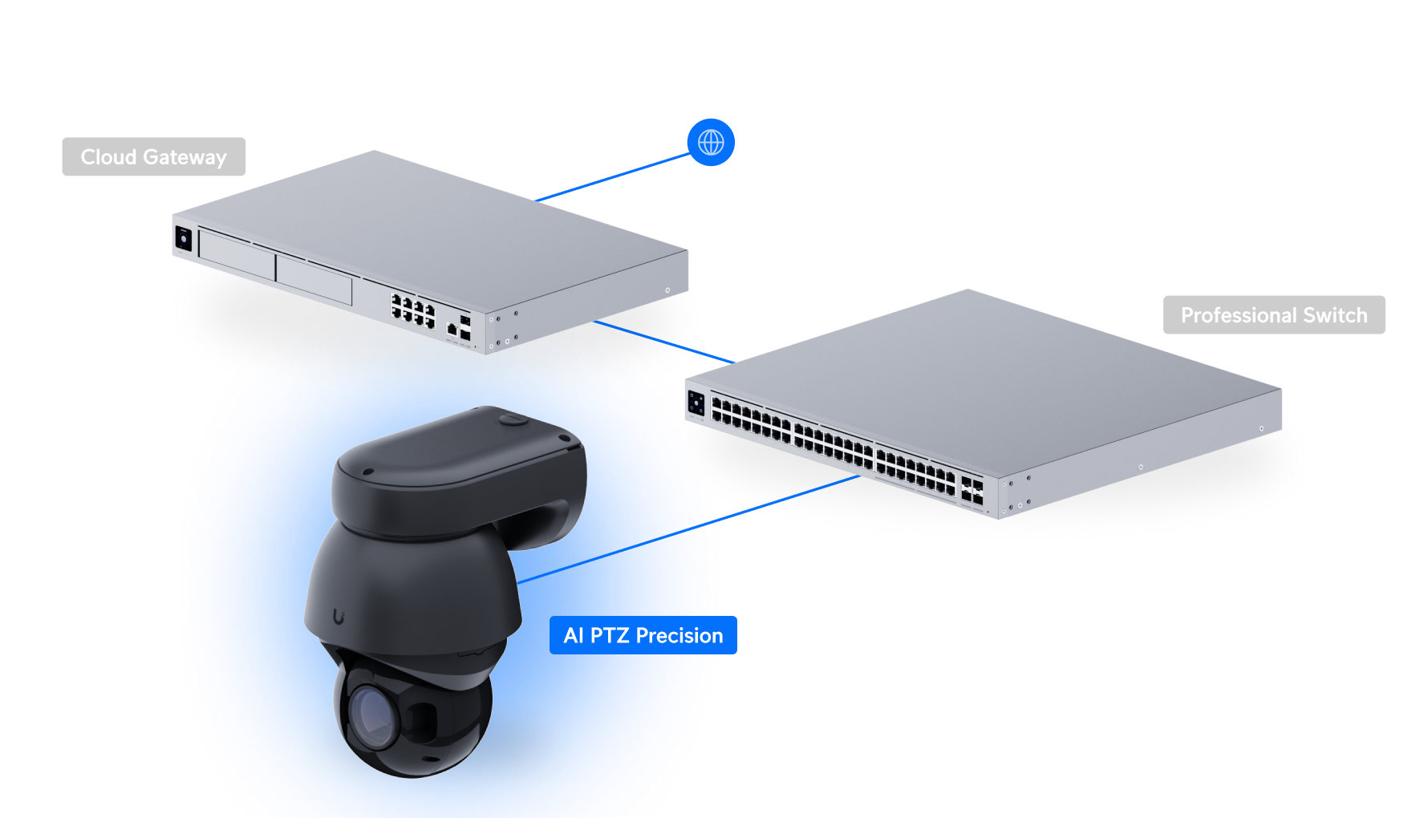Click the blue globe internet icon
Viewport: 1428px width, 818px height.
[x=711, y=143]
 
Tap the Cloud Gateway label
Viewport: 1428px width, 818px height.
[x=153, y=157]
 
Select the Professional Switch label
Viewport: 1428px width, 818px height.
[x=1273, y=315]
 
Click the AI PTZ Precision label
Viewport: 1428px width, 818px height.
[x=643, y=635]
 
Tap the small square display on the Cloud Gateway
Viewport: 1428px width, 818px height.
[x=183, y=238]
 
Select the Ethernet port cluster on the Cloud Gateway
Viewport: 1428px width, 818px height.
[x=412, y=309]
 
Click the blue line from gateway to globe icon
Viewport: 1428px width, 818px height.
[x=614, y=177]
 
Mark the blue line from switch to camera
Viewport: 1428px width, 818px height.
[x=786, y=498]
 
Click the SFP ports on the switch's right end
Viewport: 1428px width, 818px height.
[x=972, y=491]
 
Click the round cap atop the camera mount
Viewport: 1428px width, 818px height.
[x=513, y=418]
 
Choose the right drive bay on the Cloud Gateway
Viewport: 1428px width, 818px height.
[x=314, y=280]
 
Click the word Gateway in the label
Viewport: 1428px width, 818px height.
[x=185, y=157]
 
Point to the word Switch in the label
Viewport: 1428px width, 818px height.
[x=1335, y=315]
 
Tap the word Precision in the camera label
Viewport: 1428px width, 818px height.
[x=679, y=635]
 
